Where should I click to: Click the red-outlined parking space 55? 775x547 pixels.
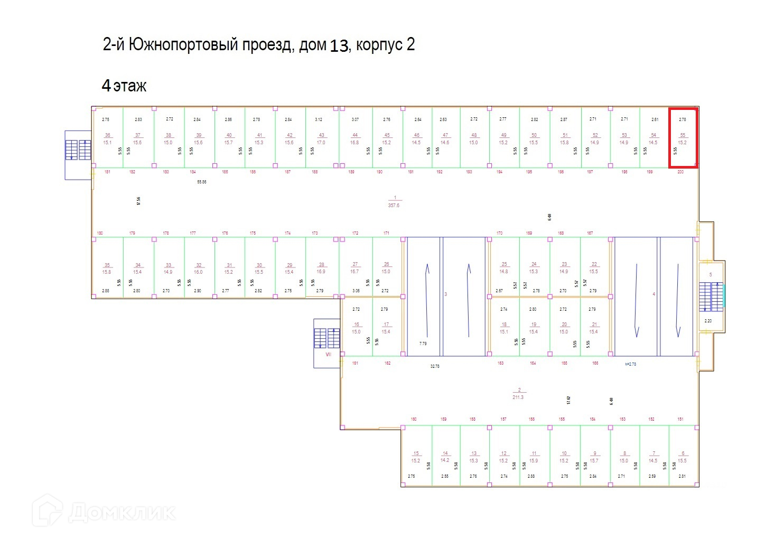683,138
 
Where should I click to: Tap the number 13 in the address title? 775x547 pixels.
339,46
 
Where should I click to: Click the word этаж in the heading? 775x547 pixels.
129,86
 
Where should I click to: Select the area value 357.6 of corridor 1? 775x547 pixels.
394,205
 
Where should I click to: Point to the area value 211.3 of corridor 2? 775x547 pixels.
518,397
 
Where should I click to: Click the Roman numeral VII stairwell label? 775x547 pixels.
328,355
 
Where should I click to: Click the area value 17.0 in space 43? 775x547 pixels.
321,143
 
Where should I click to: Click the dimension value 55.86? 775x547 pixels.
201,182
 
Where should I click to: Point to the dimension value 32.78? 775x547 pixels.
434,366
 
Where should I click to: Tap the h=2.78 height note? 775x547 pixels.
630,364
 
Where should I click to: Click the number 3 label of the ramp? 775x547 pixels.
446,294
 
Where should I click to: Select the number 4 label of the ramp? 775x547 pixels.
654,294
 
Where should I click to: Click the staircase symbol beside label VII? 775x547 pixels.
327,338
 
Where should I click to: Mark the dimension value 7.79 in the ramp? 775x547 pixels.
423,344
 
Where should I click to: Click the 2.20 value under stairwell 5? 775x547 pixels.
708,321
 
